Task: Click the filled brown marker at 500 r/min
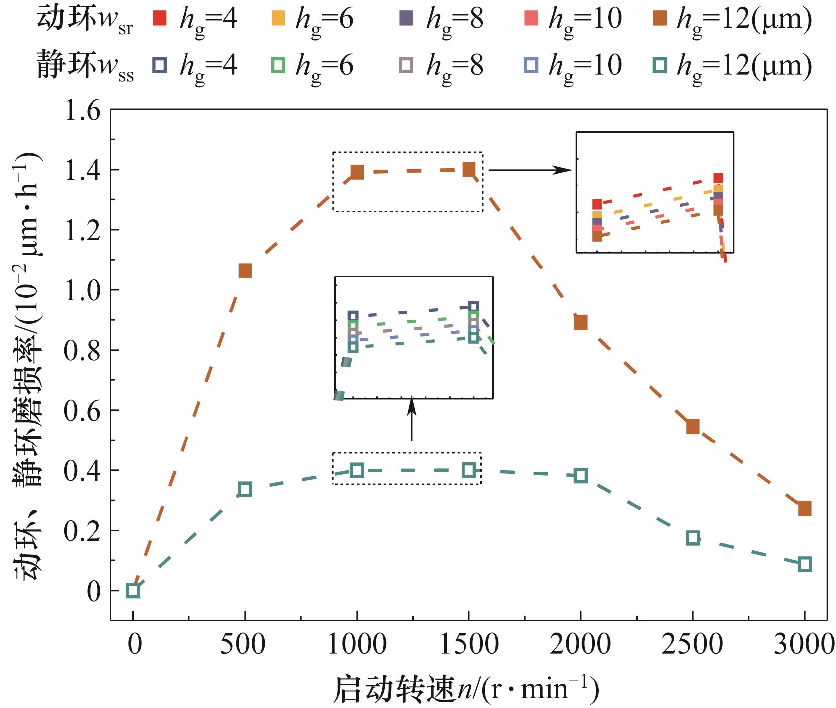coord(245,271)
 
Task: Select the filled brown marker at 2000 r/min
coord(580,322)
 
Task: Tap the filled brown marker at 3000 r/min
coord(804,509)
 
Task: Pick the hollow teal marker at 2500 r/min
coord(692,538)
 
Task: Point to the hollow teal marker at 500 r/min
coord(245,489)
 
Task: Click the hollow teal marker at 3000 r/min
coord(804,564)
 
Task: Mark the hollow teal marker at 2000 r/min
coord(580,476)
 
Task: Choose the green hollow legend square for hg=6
coord(278,65)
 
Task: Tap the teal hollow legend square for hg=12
coord(660,65)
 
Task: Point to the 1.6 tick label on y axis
coord(83,110)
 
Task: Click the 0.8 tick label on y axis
coord(83,351)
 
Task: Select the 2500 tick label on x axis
coord(692,645)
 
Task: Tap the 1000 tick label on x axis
coord(357,645)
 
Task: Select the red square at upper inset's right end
coord(718,178)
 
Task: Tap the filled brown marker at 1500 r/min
coord(468,170)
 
